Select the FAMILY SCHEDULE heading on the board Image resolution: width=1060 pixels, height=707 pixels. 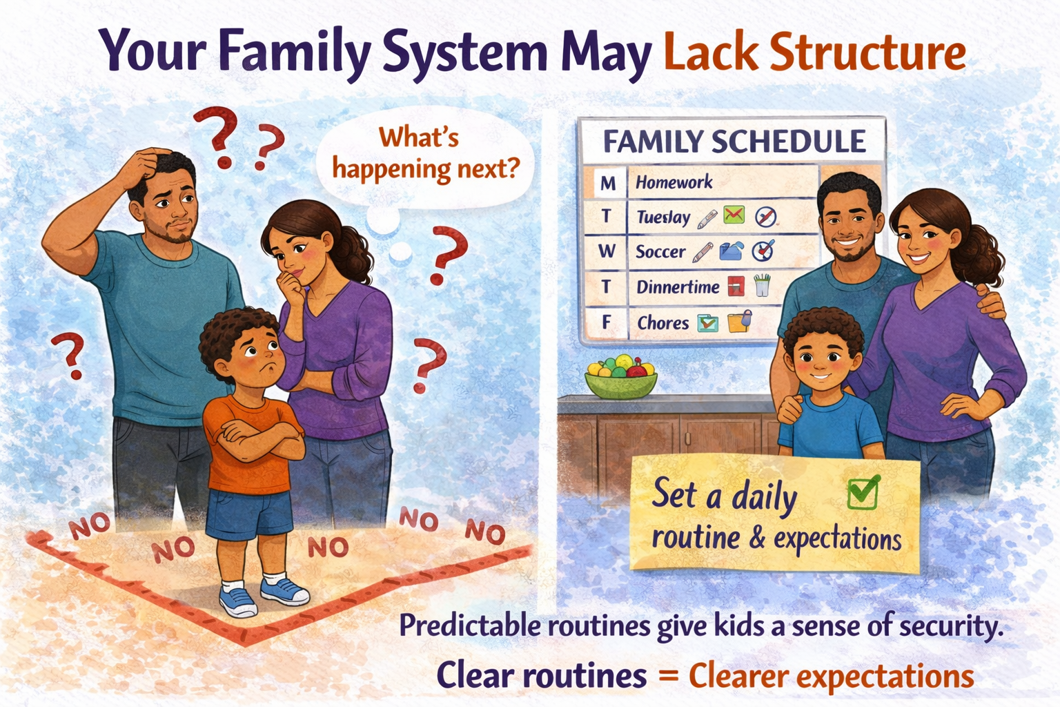[x=734, y=142]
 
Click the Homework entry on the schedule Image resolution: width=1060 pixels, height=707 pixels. [x=674, y=182]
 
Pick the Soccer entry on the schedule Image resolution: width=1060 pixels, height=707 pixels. [x=660, y=252]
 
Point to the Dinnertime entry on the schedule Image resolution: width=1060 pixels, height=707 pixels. [x=678, y=287]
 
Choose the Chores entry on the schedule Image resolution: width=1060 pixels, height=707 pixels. [x=662, y=322]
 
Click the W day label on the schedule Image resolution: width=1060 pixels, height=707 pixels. [x=607, y=251]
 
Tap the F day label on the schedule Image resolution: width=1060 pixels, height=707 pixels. [x=607, y=322]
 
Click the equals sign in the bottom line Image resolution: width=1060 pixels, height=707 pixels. [x=667, y=675]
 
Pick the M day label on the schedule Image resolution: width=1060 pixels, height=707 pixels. [x=607, y=183]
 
